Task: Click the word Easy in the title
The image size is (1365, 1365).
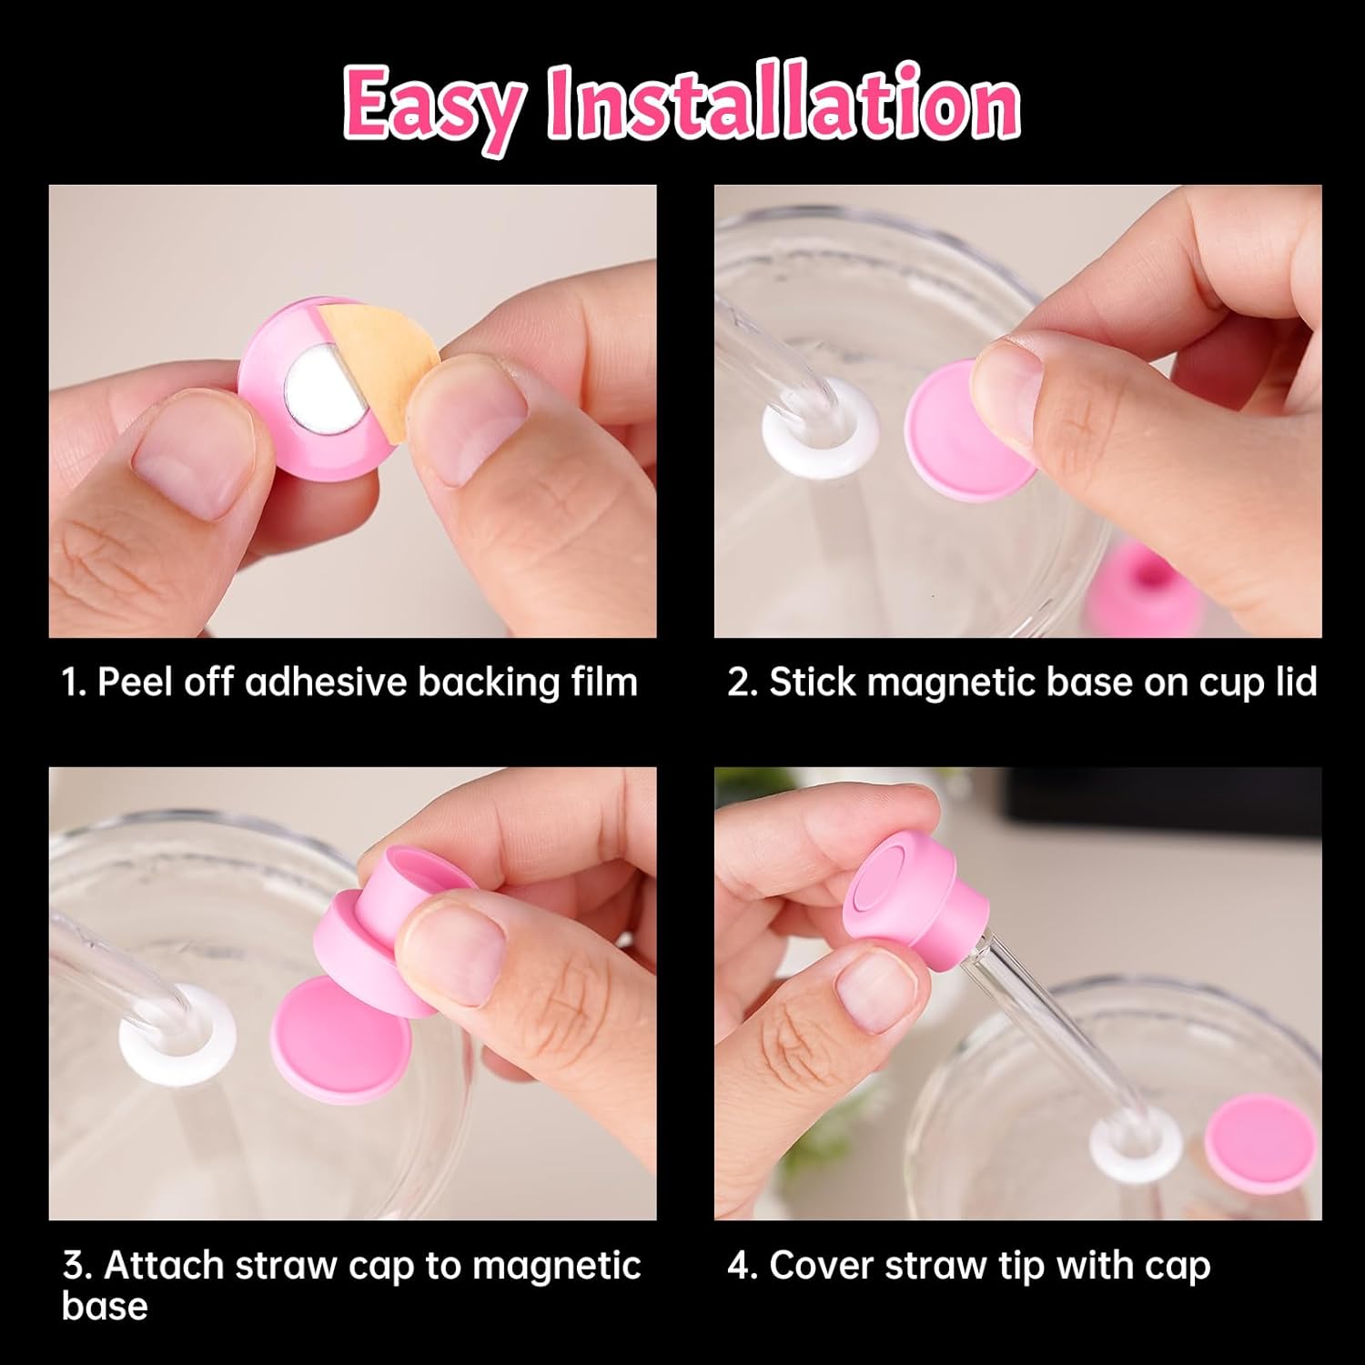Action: [435, 106]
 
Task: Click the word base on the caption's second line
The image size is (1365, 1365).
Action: [104, 1306]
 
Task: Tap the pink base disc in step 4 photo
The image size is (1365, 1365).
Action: [1260, 1142]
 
